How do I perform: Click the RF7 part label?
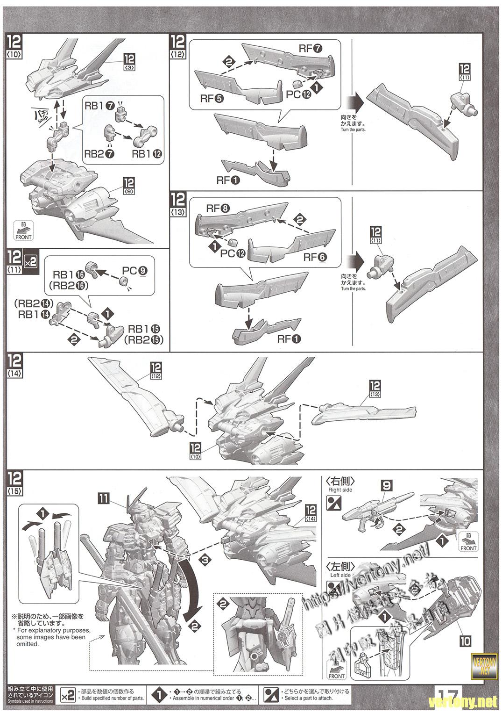(x=311, y=49)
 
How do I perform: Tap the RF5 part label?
(x=212, y=98)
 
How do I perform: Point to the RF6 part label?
(x=316, y=257)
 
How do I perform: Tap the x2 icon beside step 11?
(x=30, y=260)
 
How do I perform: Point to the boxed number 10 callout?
(x=465, y=640)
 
